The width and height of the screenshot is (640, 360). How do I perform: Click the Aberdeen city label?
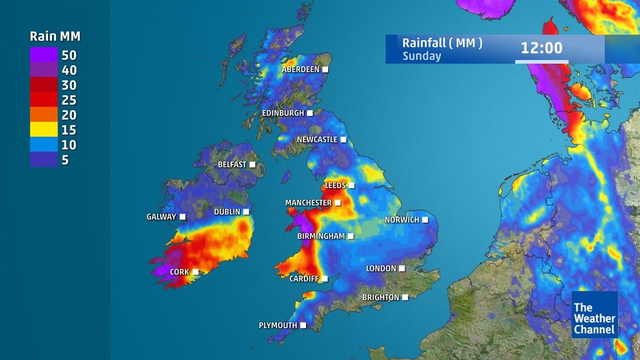[300, 69]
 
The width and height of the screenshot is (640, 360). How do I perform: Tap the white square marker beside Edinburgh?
[310, 113]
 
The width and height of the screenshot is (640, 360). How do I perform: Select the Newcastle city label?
[317, 139]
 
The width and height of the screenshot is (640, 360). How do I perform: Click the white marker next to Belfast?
[252, 164]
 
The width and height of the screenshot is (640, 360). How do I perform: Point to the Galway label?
[161, 217]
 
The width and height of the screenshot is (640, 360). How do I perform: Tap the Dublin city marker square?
[246, 212]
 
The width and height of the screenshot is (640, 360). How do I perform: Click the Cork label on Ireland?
[179, 272]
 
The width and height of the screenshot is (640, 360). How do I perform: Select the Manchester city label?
[308, 203]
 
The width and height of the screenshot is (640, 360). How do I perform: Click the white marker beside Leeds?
[351, 185]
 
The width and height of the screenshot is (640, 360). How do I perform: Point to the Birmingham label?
[321, 236]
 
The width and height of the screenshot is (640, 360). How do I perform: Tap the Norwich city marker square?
[425, 219]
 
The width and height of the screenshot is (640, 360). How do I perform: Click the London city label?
[381, 268]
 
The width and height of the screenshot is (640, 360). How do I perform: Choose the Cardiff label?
[304, 278]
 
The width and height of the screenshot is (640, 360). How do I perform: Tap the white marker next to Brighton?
[405, 297]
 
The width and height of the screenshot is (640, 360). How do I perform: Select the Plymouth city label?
[277, 325]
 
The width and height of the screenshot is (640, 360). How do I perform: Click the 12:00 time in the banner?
[541, 48]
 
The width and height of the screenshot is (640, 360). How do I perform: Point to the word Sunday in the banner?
[421, 56]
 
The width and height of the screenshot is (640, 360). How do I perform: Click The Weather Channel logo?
[594, 315]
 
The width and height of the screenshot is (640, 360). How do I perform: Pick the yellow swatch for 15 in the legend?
[44, 130]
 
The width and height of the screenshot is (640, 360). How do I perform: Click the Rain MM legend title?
[55, 36]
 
